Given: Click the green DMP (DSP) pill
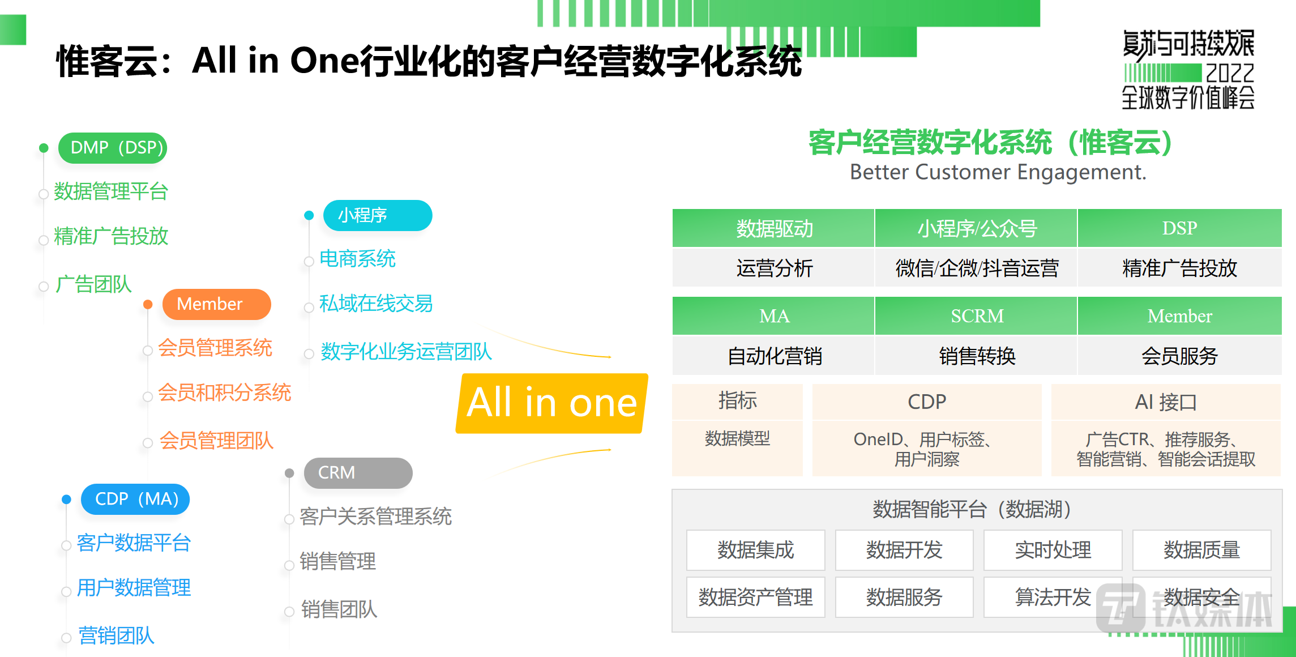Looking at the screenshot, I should [x=113, y=148].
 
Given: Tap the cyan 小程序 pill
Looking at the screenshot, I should [x=377, y=215].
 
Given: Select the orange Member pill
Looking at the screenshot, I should [x=216, y=304].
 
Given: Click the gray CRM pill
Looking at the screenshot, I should [x=358, y=473].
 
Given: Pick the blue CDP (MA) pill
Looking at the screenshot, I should [x=135, y=499].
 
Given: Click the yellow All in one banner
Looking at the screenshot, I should [x=551, y=403].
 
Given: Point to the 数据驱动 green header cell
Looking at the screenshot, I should [x=773, y=228].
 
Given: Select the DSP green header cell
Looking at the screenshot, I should [x=1179, y=228].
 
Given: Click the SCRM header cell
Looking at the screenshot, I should [x=977, y=316].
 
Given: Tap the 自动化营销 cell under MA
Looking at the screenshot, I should [x=773, y=356].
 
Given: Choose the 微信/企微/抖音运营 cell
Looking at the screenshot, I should [x=977, y=268].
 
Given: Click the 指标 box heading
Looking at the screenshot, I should [x=737, y=401].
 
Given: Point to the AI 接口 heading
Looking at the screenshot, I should [x=1166, y=402].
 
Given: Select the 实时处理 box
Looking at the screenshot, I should [x=1053, y=550].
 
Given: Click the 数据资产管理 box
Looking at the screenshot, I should [x=755, y=597].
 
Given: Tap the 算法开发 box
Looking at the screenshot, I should [x=1053, y=597].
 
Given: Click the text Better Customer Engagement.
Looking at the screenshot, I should [x=998, y=172].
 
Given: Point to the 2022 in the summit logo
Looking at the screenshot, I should [x=1230, y=73].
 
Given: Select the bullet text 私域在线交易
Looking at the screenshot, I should [x=376, y=304].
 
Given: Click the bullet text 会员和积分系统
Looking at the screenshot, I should [x=224, y=393].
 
